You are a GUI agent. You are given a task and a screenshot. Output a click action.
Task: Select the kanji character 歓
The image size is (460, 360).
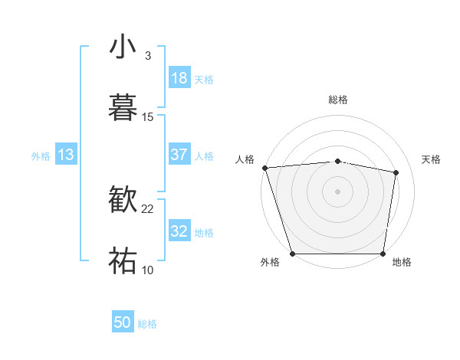click(x=123, y=201)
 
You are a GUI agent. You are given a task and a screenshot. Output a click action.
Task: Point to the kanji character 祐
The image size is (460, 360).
click(x=123, y=260)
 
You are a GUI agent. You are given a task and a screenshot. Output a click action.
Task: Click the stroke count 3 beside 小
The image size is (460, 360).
click(x=147, y=55)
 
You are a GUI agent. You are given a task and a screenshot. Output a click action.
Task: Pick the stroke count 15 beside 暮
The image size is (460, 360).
click(x=148, y=116)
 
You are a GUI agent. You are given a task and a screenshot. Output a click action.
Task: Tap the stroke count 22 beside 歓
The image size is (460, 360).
click(x=148, y=208)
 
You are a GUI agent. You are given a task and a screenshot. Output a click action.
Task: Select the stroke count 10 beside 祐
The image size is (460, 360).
click(x=148, y=269)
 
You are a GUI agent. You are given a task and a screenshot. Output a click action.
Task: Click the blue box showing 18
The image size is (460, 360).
click(x=179, y=78)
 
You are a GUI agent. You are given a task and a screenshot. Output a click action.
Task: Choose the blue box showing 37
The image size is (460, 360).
click(x=179, y=155)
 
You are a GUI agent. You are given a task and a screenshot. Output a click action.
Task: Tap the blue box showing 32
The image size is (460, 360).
click(x=179, y=231)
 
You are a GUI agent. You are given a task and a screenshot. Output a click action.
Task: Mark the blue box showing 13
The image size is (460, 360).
click(x=66, y=155)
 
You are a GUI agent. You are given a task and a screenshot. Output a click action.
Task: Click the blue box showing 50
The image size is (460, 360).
click(x=123, y=323)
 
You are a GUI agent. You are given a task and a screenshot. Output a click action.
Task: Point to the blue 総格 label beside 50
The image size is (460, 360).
click(x=147, y=324)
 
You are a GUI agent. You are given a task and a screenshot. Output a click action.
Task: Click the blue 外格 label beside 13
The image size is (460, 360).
click(x=41, y=155)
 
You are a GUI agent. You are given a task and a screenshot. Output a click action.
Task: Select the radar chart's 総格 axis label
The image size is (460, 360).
click(x=338, y=100)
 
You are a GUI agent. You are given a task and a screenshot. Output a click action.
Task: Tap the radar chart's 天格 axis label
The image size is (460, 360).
click(x=432, y=159)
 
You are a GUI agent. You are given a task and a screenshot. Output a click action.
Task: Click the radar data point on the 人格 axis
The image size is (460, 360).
click(x=264, y=168)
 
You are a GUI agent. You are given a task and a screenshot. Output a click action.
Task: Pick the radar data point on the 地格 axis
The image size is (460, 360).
click(x=383, y=254)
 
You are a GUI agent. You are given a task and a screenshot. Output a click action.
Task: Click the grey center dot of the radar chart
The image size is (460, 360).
click(x=338, y=191)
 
